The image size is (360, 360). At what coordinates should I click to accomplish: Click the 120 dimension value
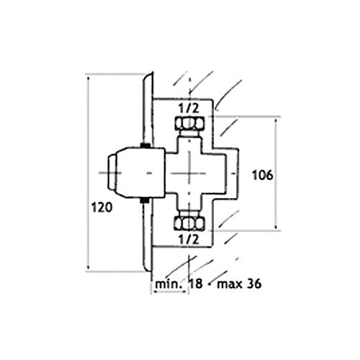pos(102,207)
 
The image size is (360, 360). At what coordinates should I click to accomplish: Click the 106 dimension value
pos(262,175)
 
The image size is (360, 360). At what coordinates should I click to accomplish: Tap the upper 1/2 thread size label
pos(189,109)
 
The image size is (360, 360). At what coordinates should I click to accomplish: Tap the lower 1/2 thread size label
pos(189,239)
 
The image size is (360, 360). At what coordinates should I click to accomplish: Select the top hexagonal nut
pos(190,124)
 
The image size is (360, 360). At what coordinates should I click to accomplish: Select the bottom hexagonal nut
pos(190,224)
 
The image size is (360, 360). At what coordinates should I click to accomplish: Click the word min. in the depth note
pos(168,284)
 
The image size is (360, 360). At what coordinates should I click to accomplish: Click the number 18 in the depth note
pos(196,284)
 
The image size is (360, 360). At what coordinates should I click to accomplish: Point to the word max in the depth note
pos(229,284)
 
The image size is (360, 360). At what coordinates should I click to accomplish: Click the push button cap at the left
pos(112,173)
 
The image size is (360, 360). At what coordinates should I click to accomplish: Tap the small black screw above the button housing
pos(145,145)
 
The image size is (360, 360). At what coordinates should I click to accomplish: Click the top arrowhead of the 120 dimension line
pos(89,78)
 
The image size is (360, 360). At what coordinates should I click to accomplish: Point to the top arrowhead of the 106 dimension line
pos(276,121)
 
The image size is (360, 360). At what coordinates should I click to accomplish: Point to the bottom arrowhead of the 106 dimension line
pos(276,226)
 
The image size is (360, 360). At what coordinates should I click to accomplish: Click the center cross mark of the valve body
pos(189,173)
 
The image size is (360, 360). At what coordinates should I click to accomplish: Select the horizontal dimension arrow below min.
pos(170,292)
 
